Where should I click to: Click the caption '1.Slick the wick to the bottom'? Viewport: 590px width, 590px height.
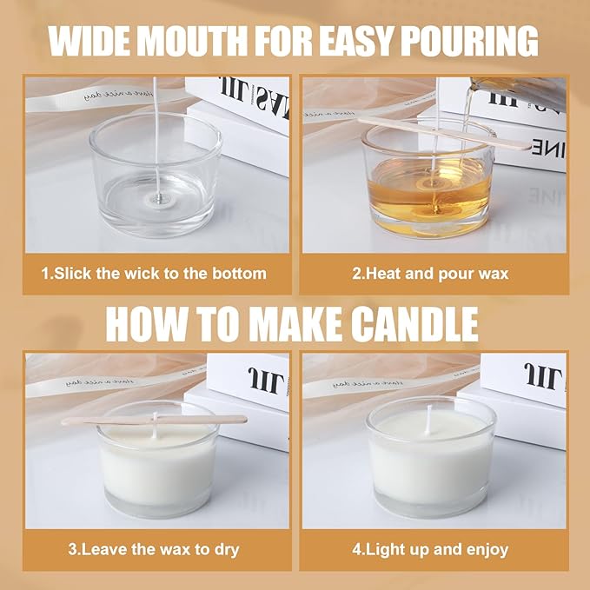pyautogui.click(x=155, y=273)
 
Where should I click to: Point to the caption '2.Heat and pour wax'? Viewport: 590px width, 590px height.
pyautogui.click(x=431, y=273)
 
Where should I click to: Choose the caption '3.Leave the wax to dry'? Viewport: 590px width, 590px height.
pyautogui.click(x=154, y=549)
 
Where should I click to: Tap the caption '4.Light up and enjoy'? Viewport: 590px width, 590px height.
pyautogui.click(x=431, y=549)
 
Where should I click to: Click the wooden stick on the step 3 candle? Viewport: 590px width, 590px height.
pyautogui.click(x=153, y=421)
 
